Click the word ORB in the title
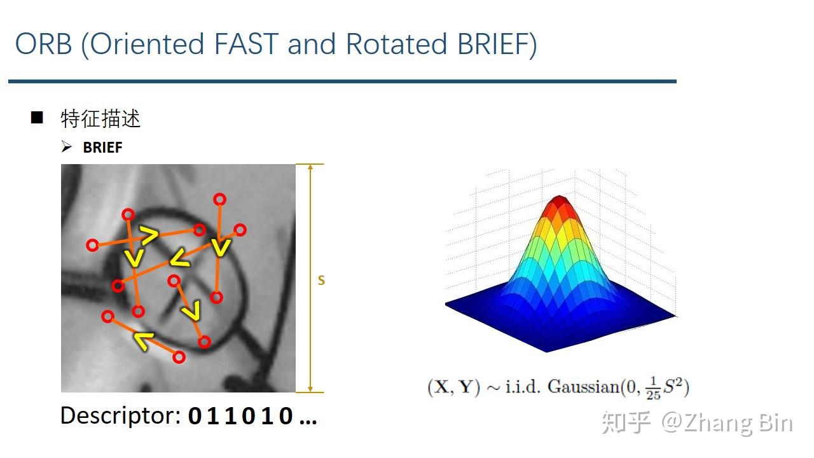[43, 45]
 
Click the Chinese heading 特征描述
[100, 119]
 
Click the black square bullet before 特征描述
[37, 118]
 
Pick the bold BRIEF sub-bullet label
[102, 148]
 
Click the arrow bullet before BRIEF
[67, 147]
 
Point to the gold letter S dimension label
[321, 280]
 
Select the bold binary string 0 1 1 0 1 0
[242, 417]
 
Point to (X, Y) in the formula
[453, 386]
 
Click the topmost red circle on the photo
[219, 199]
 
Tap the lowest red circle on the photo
[179, 357]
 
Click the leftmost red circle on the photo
[93, 244]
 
